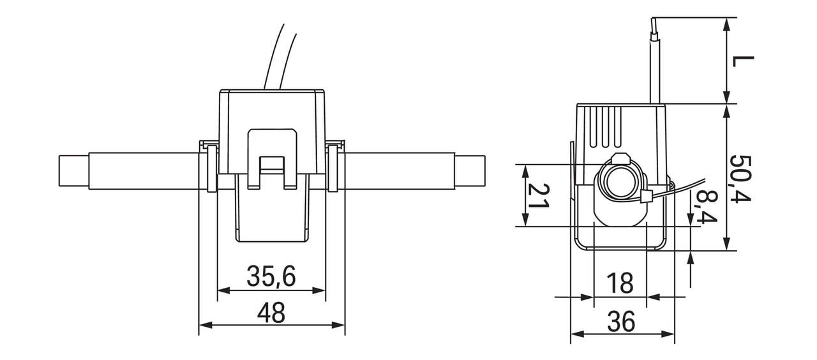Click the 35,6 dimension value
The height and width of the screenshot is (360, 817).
tap(271, 277)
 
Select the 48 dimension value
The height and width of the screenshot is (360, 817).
tap(271, 313)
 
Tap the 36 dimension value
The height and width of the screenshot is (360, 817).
tap(621, 322)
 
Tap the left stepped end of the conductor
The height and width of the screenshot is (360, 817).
tap(73, 171)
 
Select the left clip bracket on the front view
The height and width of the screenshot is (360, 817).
tap(210, 167)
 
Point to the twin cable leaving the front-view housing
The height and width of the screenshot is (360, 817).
tap(281, 57)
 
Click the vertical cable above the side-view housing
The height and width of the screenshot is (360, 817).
tap(655, 61)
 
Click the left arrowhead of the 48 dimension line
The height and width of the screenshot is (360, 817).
tap(204, 326)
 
